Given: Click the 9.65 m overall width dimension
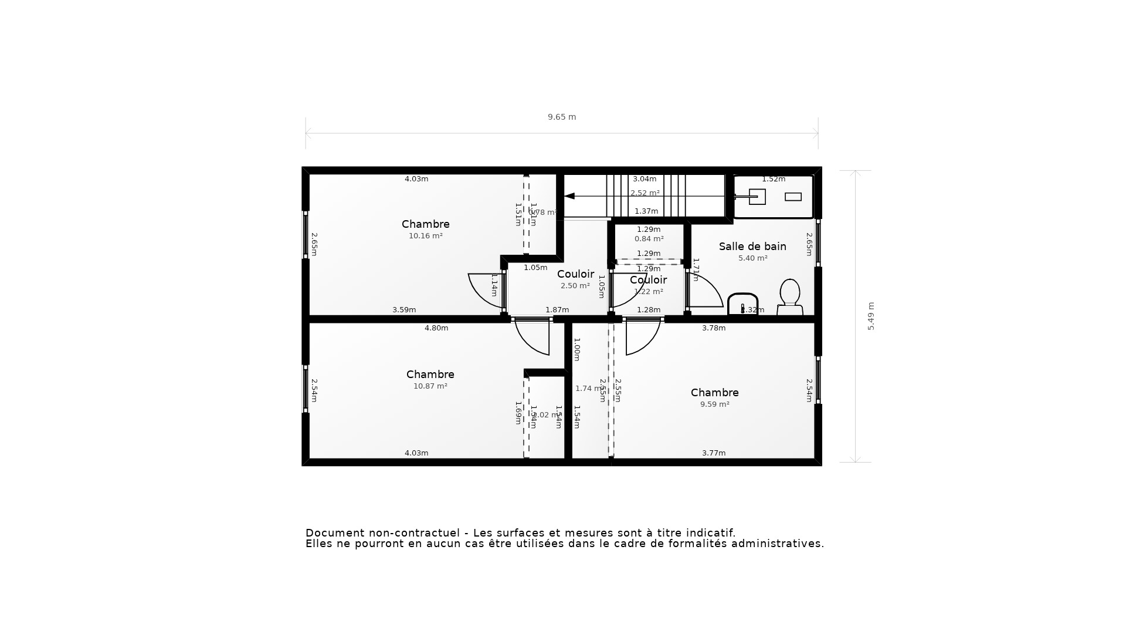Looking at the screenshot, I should (562, 117).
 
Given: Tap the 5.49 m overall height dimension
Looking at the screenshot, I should (871, 316).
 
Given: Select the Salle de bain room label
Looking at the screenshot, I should (752, 247).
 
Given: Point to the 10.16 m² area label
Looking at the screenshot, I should (425, 236).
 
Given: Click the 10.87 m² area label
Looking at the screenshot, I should (430, 386).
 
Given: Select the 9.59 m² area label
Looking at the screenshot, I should (714, 404).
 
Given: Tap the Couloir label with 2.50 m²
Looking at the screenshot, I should (575, 274).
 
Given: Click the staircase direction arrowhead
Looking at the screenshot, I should (569, 196).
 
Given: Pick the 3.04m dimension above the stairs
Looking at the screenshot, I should (644, 179).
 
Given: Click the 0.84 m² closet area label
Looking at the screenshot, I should (649, 239).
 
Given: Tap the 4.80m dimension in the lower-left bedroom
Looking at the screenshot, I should (436, 328).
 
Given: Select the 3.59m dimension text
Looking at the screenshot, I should (404, 310).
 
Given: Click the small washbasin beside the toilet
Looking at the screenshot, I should (742, 304).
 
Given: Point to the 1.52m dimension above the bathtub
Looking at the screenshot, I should (773, 179).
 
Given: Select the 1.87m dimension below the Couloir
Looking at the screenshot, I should (557, 310).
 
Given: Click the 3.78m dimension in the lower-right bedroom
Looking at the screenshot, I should (714, 328).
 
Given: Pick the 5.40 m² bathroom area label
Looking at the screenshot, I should (752, 258).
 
